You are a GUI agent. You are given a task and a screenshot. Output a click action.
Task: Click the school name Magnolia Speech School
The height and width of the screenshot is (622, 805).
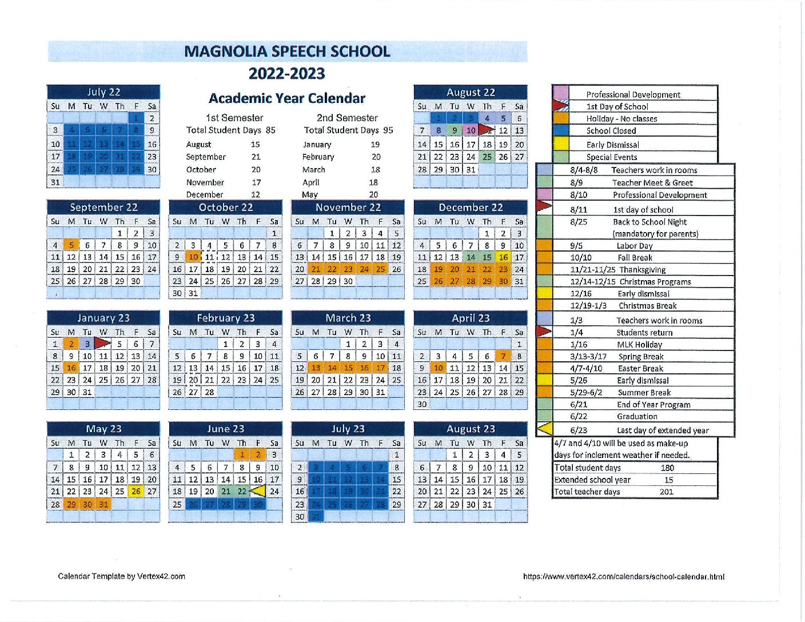pyautogui.click(x=287, y=51)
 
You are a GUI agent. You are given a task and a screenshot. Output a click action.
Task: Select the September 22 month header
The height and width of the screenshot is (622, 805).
pyautogui.click(x=103, y=207)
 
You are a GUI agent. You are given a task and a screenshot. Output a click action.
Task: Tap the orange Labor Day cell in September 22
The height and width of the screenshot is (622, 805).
pyautogui.click(x=71, y=245)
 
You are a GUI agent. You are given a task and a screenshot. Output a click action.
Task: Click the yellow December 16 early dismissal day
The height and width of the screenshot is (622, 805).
pyautogui.click(x=503, y=257)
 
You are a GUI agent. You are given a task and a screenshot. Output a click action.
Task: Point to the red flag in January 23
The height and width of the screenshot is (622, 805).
pyautogui.click(x=102, y=344)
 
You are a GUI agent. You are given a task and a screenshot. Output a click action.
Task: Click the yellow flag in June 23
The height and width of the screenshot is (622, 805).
pyautogui.click(x=258, y=491)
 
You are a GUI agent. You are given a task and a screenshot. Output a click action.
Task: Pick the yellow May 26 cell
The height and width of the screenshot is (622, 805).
pyautogui.click(x=136, y=491)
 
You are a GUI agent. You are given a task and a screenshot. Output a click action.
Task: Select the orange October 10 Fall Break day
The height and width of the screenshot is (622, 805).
pyautogui.click(x=193, y=257)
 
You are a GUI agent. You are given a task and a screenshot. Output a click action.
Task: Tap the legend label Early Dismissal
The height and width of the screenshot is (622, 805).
pyautogui.click(x=612, y=145)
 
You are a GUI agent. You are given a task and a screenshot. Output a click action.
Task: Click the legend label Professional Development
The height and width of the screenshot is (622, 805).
pyautogui.click(x=633, y=94)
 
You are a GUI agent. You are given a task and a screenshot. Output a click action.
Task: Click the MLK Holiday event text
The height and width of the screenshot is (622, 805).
pyautogui.click(x=639, y=345)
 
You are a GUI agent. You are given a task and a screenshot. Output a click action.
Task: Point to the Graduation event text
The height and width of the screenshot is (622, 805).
pyautogui.click(x=637, y=417)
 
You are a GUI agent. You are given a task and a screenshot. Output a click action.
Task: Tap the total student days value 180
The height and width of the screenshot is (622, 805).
pyautogui.click(x=667, y=468)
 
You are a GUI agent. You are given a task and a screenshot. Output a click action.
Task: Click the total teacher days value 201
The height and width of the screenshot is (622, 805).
pyautogui.click(x=666, y=492)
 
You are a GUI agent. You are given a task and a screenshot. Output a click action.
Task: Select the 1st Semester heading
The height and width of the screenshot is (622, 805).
pyautogui.click(x=234, y=118)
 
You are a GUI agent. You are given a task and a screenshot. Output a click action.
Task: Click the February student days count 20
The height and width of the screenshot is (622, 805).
pyautogui.click(x=376, y=157)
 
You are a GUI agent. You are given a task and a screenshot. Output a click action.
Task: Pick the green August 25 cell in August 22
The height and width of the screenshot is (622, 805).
pyautogui.click(x=487, y=157)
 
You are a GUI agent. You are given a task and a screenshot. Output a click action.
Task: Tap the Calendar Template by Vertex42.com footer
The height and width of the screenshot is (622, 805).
pyautogui.click(x=121, y=576)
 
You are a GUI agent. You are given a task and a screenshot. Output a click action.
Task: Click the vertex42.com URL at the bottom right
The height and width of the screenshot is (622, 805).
pyautogui.click(x=624, y=577)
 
